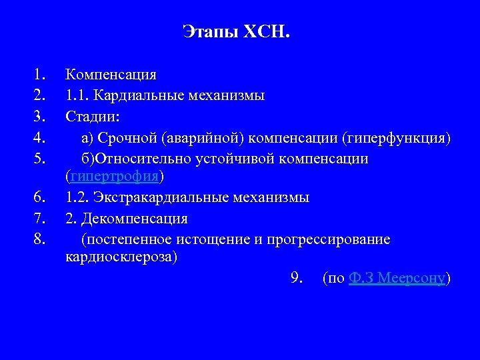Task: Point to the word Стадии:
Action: (93, 117)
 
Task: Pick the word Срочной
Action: (126, 138)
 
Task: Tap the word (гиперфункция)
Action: (396, 138)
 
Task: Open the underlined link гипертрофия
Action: (114, 177)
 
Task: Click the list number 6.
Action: (39, 197)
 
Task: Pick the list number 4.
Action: (39, 138)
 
